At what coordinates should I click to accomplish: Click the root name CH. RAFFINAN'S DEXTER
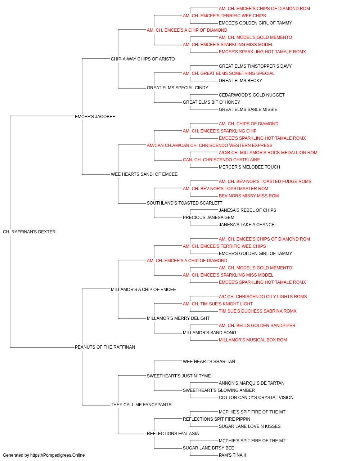coord(29,232)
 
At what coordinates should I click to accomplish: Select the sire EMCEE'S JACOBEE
coord(95,117)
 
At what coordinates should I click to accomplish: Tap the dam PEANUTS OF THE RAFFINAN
coord(105,347)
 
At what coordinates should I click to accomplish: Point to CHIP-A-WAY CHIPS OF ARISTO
coord(143,59)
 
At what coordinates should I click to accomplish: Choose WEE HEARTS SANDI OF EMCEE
coord(144,174)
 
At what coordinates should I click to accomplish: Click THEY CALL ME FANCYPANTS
coord(141,405)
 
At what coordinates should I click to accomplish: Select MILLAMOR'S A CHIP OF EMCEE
coord(143,290)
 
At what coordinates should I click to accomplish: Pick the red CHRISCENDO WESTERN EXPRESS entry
coord(210,146)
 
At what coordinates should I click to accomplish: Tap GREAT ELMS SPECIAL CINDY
coord(177,88)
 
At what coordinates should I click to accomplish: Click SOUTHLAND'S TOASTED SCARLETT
coord(184,203)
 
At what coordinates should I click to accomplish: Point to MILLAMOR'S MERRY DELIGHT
coord(178,318)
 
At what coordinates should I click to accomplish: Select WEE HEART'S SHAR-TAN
coord(209,362)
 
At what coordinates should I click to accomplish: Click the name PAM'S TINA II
coord(232,455)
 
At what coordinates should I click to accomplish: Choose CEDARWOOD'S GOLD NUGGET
coord(252,95)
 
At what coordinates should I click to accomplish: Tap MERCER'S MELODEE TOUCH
coord(249,167)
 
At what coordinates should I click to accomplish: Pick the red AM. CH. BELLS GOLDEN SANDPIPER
coord(257,326)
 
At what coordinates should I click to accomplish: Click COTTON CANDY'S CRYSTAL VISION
coord(256,398)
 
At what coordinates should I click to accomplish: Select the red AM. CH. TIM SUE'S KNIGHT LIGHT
coord(218,304)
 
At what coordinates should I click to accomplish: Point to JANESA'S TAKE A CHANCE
coord(247,225)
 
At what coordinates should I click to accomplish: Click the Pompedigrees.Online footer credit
coord(44,455)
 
